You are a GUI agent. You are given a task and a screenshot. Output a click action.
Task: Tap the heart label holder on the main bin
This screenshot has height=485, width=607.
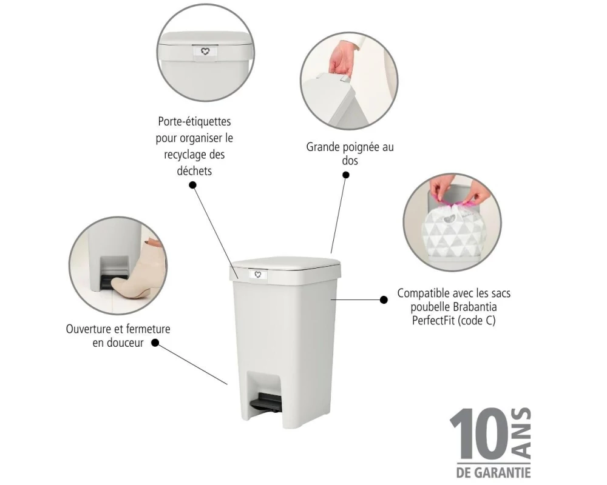(258, 275)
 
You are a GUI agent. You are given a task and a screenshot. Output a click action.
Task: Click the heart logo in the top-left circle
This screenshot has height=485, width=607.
(205, 51)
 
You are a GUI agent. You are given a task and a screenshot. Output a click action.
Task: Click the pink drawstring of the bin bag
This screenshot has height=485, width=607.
(453, 201)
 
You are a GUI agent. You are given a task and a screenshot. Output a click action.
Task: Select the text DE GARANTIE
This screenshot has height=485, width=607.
(493, 472)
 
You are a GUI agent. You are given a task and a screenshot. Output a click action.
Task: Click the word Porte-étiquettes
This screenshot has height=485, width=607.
(194, 121)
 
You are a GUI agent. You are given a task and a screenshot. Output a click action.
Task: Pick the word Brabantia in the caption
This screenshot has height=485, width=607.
(475, 307)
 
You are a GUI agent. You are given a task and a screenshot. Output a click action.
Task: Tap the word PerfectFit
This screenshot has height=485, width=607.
(433, 321)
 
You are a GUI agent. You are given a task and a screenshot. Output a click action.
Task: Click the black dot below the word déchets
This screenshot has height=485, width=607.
(192, 185)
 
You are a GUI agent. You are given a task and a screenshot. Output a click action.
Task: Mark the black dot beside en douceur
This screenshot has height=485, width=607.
(155, 343)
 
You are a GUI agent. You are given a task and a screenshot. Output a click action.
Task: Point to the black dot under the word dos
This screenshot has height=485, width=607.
(346, 175)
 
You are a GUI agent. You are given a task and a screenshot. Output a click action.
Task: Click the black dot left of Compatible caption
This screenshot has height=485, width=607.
(384, 299)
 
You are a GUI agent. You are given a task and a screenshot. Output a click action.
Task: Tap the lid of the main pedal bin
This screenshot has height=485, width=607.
(286, 263)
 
